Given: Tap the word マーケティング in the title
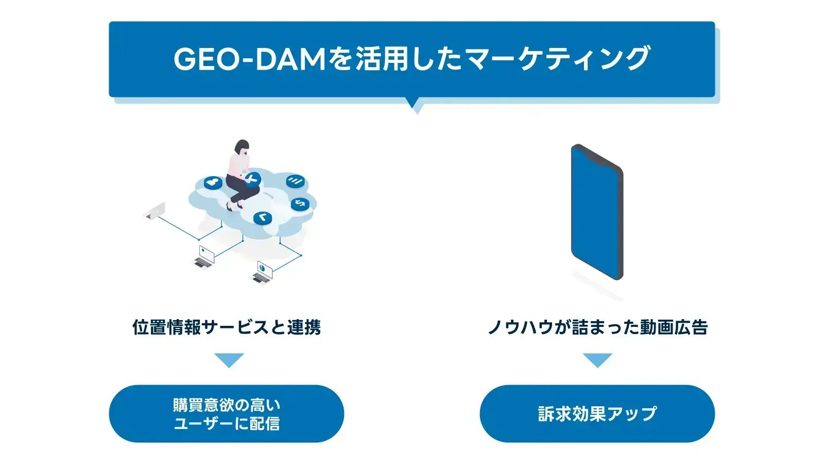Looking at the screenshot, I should tap(557, 59).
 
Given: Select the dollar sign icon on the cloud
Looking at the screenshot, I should tap(300, 204).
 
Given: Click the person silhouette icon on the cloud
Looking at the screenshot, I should tap(213, 183).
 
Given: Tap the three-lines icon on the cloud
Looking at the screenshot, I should tap(295, 180).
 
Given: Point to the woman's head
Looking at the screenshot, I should tap(242, 146).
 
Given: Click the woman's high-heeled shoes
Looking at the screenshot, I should tap(233, 207).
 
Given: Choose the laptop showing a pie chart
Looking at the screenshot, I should tap(263, 271).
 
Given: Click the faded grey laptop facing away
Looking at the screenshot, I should tap(156, 211).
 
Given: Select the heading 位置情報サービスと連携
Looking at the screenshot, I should tap(227, 327).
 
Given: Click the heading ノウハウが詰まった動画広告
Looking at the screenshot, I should tap(597, 327).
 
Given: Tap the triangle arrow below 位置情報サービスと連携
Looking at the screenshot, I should tap(229, 359).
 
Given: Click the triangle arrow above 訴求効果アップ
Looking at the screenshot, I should tap(597, 359).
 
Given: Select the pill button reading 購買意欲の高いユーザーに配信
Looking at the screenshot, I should tap(227, 413).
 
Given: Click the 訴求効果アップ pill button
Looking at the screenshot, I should tap(597, 413).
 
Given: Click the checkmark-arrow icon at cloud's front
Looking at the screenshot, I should tap(263, 218).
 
